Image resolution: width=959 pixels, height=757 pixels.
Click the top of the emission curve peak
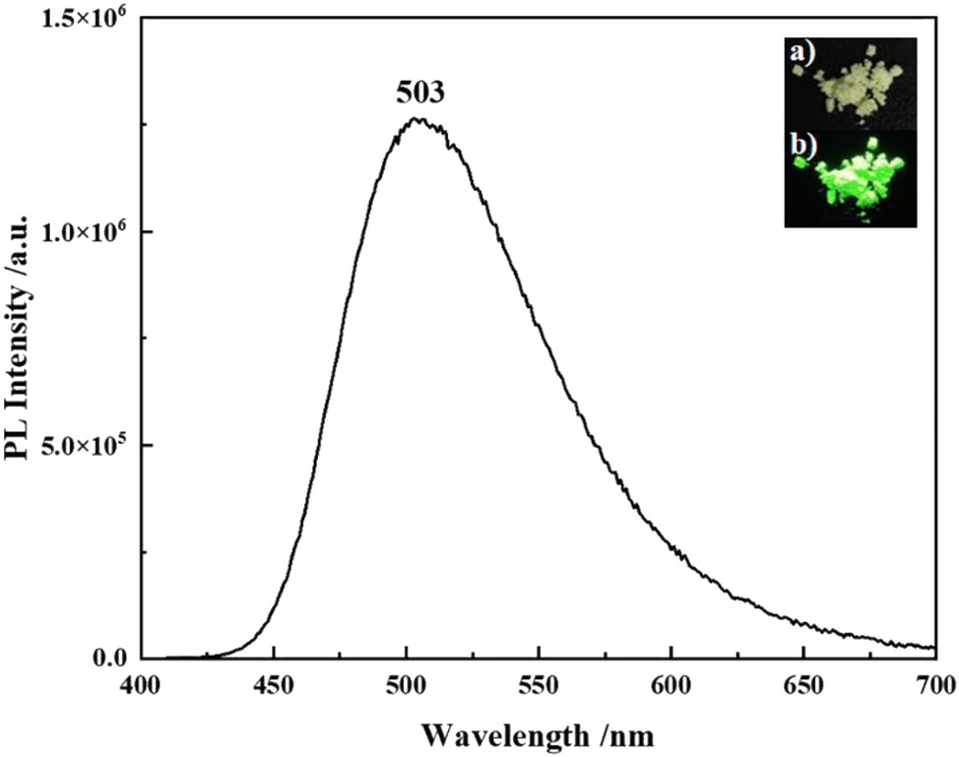(x=418, y=119)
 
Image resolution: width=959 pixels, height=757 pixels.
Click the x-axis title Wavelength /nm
(x=538, y=734)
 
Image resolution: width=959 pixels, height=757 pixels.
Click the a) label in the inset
(x=799, y=52)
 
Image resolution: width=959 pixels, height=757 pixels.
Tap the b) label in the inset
(x=799, y=145)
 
